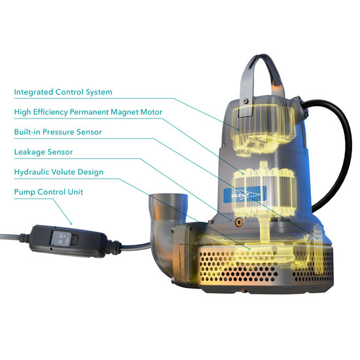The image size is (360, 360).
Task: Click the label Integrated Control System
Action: (x=63, y=92)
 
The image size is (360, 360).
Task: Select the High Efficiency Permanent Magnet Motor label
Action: (x=88, y=112)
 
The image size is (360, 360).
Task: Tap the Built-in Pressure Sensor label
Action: (x=58, y=132)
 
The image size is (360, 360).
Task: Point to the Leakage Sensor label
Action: (x=43, y=152)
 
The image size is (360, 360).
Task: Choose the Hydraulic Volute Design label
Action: (x=59, y=172)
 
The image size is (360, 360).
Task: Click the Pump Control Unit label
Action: (x=48, y=192)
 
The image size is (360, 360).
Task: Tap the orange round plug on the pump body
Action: (x=239, y=222)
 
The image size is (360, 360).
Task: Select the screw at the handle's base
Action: (x=246, y=101)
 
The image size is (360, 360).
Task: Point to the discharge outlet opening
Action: (x=168, y=197)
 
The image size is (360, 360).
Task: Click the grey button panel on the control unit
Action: (x=62, y=238)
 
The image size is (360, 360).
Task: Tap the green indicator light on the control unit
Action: (x=65, y=236)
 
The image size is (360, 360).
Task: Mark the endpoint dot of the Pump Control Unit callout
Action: (x=71, y=224)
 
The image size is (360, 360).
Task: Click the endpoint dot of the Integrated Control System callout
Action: (x=239, y=130)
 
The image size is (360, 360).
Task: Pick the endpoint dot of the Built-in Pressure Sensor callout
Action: (x=317, y=238)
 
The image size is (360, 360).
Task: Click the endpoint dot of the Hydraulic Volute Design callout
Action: (x=249, y=249)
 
